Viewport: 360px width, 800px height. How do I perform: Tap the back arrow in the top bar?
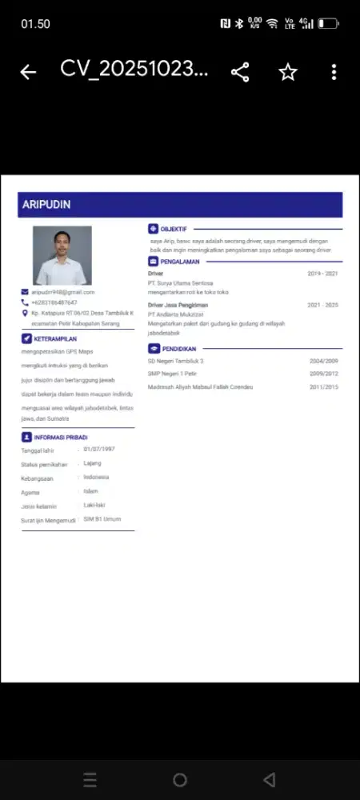click(x=28, y=72)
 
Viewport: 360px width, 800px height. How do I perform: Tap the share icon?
click(x=240, y=72)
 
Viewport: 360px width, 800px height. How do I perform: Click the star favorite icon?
click(x=288, y=72)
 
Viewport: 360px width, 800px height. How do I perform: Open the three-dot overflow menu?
click(x=334, y=72)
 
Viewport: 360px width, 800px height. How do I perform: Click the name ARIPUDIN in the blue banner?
click(x=46, y=205)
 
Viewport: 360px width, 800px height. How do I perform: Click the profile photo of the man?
click(x=62, y=255)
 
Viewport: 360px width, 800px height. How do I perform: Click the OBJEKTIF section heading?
click(x=174, y=229)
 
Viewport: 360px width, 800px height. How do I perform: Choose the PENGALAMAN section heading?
click(x=179, y=261)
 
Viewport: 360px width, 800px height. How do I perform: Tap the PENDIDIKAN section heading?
click(x=178, y=349)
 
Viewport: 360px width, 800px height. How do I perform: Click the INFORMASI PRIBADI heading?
click(x=60, y=438)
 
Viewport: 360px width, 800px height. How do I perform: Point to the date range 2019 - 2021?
click(x=322, y=274)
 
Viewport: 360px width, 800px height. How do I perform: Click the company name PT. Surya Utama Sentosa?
click(x=181, y=283)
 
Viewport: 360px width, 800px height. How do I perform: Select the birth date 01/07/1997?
click(x=99, y=449)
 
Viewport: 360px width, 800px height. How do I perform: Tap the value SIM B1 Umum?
click(x=102, y=519)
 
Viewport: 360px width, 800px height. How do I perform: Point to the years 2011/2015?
click(x=324, y=386)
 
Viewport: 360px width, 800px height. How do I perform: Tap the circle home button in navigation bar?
click(x=180, y=779)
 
